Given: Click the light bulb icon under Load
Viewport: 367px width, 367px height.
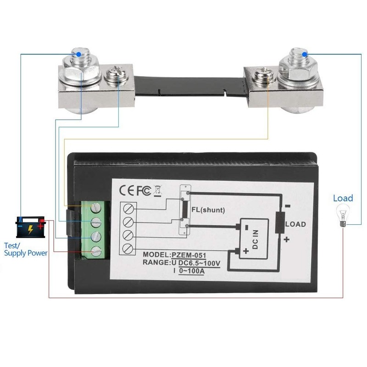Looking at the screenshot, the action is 343,216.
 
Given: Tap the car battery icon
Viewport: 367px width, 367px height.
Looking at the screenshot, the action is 30,227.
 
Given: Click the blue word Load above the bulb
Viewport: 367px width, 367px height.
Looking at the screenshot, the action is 343,198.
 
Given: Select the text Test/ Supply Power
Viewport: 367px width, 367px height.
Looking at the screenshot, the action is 26,249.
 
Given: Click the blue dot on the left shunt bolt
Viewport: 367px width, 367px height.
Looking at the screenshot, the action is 78,54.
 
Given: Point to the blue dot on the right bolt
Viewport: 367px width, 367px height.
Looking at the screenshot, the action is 305,55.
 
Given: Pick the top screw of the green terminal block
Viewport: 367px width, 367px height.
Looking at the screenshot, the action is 96,207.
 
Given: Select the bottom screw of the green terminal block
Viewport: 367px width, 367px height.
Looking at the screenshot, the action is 96,251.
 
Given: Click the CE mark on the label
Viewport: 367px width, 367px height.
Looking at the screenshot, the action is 127,190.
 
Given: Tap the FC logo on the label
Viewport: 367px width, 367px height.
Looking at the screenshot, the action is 144,190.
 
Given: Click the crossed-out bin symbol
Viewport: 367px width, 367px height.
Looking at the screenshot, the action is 157,190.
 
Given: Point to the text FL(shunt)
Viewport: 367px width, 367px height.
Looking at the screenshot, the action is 208,210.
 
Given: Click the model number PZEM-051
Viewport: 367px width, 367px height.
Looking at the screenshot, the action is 189,255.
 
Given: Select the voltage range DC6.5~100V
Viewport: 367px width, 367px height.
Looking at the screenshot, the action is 199,263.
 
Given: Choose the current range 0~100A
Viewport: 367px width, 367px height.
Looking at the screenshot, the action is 192,271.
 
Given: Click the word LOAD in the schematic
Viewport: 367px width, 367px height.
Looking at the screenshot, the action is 295,224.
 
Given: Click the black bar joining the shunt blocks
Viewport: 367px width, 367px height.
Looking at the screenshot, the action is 189,86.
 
